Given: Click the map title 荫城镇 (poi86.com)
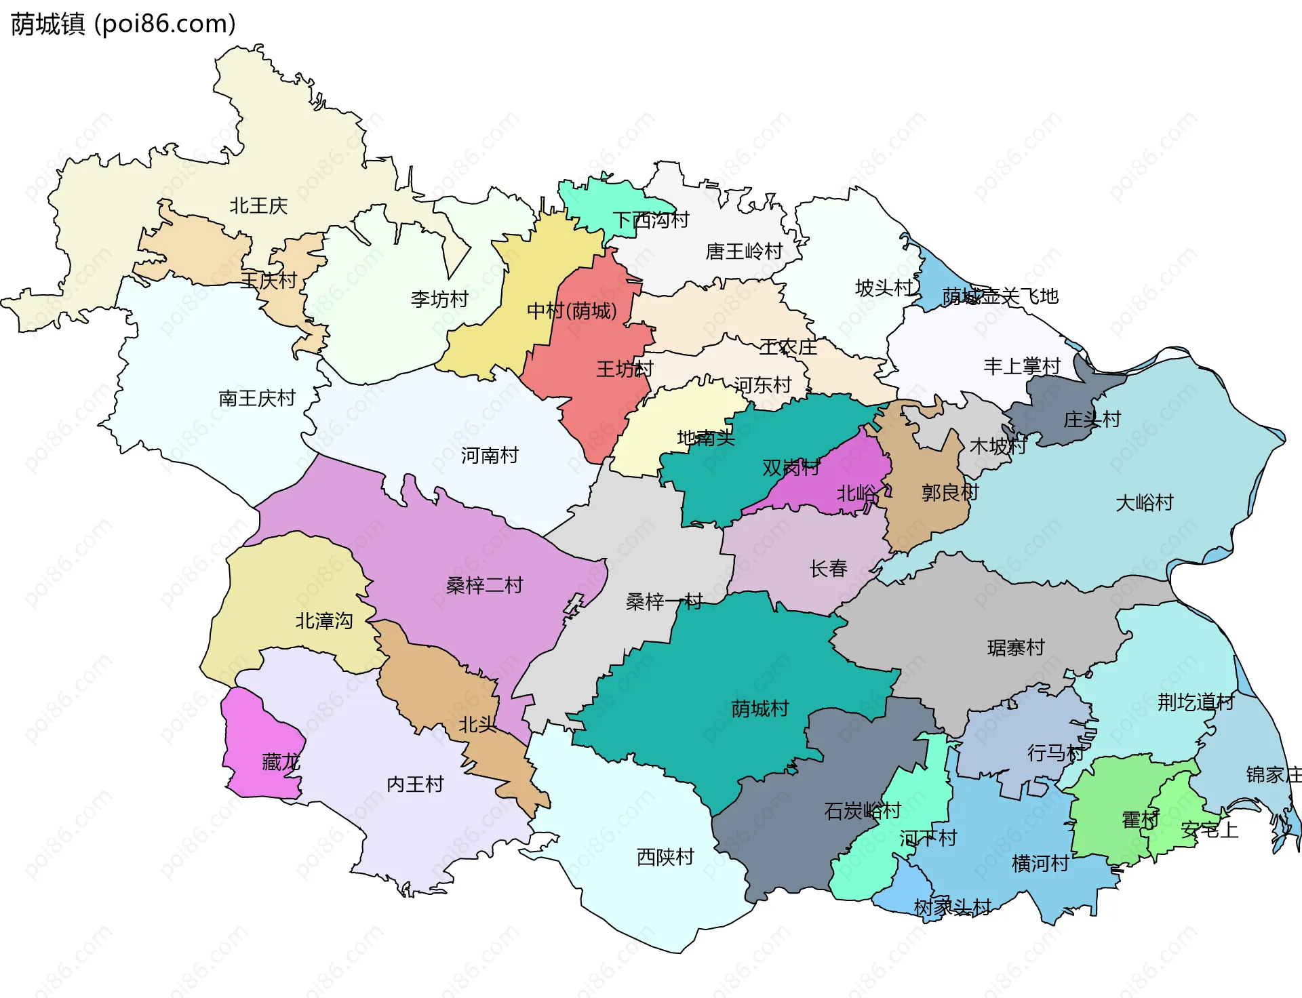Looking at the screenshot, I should click(123, 24).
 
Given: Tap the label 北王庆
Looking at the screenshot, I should click(258, 206).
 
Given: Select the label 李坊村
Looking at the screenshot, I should click(439, 299).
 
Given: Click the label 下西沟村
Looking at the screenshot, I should click(650, 220).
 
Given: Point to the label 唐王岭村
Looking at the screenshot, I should click(744, 252).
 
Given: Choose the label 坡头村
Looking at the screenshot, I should click(884, 288).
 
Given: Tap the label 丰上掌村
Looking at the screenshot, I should click(1022, 367).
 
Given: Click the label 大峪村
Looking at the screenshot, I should click(1144, 503).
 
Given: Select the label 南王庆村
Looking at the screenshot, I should click(257, 398).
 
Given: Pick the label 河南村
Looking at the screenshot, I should click(490, 456).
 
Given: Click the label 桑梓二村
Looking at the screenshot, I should click(484, 586).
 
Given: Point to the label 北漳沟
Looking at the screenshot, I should click(323, 621).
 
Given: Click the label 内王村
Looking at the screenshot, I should click(415, 785).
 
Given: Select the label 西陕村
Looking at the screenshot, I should click(665, 858).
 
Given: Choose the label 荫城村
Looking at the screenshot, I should click(759, 709).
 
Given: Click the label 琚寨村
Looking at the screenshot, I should click(1015, 648).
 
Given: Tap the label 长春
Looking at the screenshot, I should click(828, 569).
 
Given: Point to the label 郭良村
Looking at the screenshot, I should click(949, 493).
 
